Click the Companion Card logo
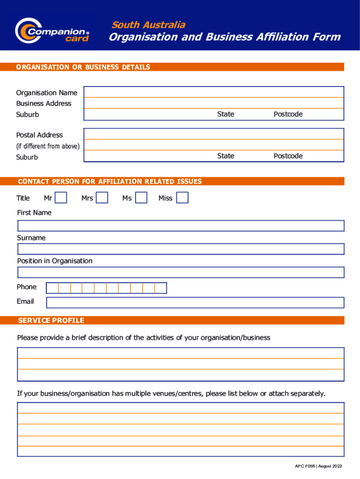(x=51, y=31)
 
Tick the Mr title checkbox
(x=61, y=198)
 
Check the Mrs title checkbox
(x=102, y=198)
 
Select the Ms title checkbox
(x=141, y=198)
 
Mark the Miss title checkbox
(x=182, y=198)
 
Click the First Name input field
(x=180, y=226)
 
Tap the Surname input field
(x=180, y=249)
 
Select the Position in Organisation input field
(x=180, y=272)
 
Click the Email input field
(x=195, y=303)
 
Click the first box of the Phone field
(x=52, y=288)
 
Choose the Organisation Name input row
(x=214, y=92)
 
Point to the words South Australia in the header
(x=148, y=25)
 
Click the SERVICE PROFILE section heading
(x=51, y=320)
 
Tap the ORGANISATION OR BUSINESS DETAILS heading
(x=83, y=67)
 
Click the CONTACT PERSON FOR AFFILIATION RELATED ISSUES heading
(x=109, y=181)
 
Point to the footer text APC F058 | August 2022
(x=318, y=466)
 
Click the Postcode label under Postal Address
(x=288, y=156)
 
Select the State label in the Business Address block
(x=225, y=114)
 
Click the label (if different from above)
(x=48, y=146)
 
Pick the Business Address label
(x=43, y=103)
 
